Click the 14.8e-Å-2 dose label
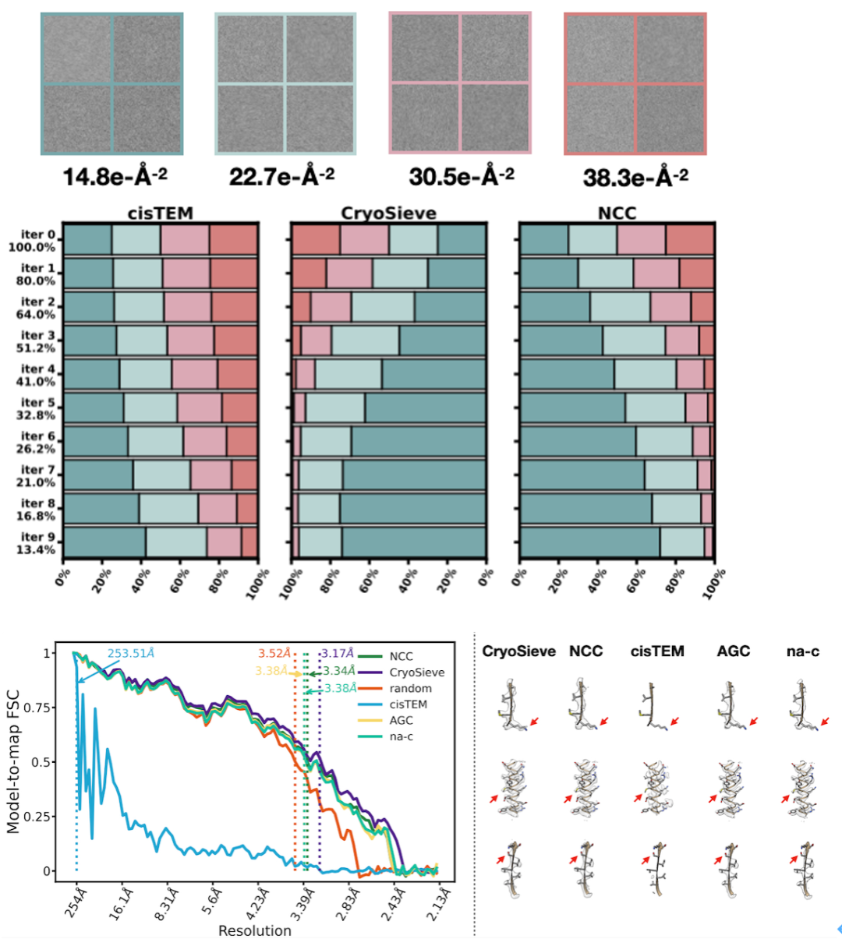pyautogui.click(x=115, y=177)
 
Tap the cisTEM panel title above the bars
pyautogui.click(x=161, y=213)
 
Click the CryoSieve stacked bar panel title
pyautogui.click(x=388, y=213)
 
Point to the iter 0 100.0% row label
pyautogui.click(x=33, y=241)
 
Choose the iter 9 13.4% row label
pyautogui.click(x=33, y=543)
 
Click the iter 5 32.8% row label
pyautogui.click(x=33, y=409)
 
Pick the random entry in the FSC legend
pyautogui.click(x=410, y=688)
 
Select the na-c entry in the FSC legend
pyautogui.click(x=401, y=736)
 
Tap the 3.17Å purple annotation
pyautogui.click(x=336, y=653)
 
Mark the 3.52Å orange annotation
pyautogui.click(x=274, y=653)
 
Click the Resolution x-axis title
pyautogui.click(x=254, y=930)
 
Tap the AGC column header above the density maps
pyautogui.click(x=733, y=651)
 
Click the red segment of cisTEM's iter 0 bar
pyautogui.click(x=234, y=239)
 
